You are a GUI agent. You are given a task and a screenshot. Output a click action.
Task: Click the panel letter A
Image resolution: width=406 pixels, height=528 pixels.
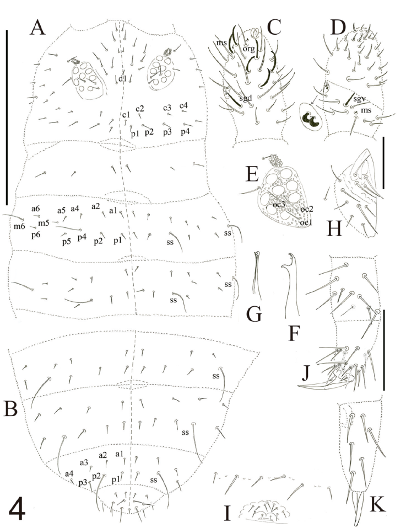pyautogui.click(x=37, y=27)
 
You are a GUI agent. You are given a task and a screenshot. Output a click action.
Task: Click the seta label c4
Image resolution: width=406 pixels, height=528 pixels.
pyautogui.click(x=183, y=106)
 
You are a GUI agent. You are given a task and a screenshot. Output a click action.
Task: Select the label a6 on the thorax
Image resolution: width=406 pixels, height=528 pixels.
pyautogui.click(x=36, y=209)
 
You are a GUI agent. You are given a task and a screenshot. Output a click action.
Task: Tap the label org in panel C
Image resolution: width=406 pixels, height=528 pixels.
pyautogui.click(x=248, y=49)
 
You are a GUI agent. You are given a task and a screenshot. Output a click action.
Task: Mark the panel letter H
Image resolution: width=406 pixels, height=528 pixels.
pyautogui.click(x=334, y=228)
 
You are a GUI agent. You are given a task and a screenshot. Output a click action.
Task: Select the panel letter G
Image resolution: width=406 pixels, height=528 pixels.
pyautogui.click(x=254, y=315)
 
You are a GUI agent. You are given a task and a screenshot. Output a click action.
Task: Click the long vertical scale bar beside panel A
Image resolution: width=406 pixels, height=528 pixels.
pyautogui.click(x=7, y=117)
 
